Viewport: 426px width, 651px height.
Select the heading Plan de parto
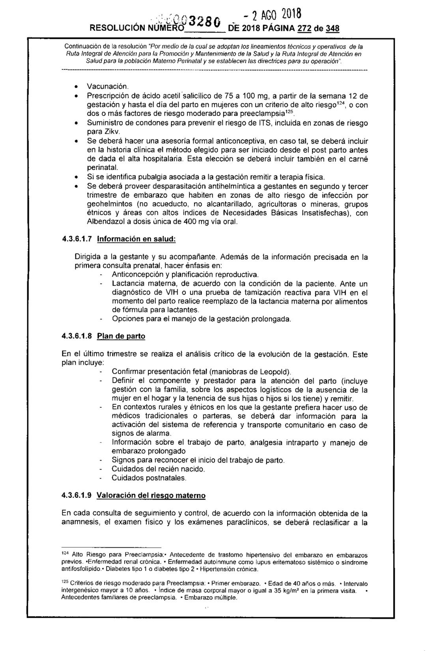(x=121, y=336)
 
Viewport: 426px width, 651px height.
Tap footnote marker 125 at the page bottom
(x=65, y=582)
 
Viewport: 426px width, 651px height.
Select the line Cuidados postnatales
(x=149, y=478)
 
